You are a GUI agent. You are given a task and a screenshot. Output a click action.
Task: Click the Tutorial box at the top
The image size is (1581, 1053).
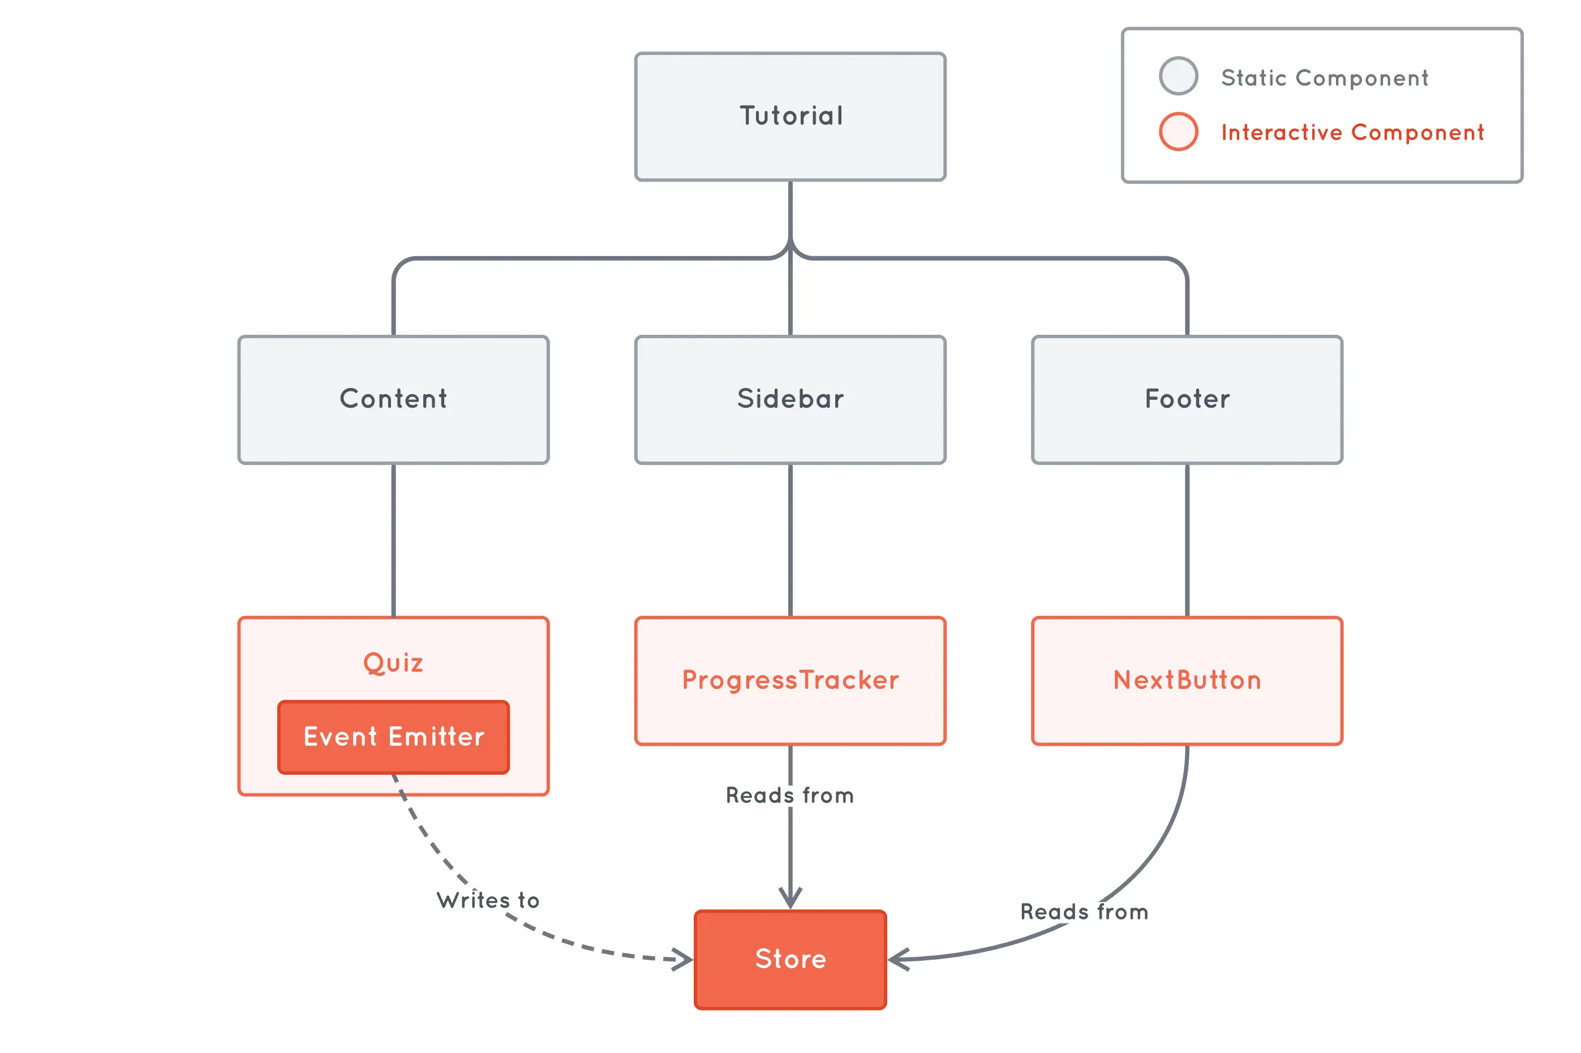tap(790, 116)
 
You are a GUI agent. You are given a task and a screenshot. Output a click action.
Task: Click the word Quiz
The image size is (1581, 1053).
tap(393, 663)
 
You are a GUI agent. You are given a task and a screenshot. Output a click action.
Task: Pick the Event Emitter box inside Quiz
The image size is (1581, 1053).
tap(393, 737)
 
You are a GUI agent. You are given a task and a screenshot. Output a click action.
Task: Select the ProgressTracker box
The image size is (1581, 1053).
tap(790, 680)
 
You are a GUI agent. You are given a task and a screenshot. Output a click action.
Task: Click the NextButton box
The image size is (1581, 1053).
tap(1187, 680)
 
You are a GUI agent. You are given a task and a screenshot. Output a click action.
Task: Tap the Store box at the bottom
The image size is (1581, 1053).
tap(790, 959)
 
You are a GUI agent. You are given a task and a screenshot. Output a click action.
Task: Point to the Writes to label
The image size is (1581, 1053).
tap(488, 900)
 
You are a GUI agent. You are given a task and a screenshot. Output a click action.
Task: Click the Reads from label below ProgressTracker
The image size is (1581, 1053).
tap(790, 795)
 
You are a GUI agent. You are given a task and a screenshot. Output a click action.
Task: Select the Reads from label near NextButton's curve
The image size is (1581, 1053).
tap(1084, 911)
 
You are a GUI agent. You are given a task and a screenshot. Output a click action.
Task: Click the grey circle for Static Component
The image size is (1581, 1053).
tap(1178, 76)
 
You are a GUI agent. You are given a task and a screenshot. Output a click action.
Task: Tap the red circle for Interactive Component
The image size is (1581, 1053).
tap(1178, 132)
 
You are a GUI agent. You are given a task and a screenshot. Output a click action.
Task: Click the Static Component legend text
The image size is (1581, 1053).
tap(1324, 78)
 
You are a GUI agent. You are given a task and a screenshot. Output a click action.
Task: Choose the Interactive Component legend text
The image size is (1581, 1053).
tap(1352, 132)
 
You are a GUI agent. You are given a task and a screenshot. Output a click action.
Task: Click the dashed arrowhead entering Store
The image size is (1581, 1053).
tap(684, 959)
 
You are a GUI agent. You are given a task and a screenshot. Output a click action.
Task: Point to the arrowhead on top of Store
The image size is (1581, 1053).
tap(790, 898)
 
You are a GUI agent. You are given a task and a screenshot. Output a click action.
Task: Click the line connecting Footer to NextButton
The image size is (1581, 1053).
tap(1187, 540)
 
